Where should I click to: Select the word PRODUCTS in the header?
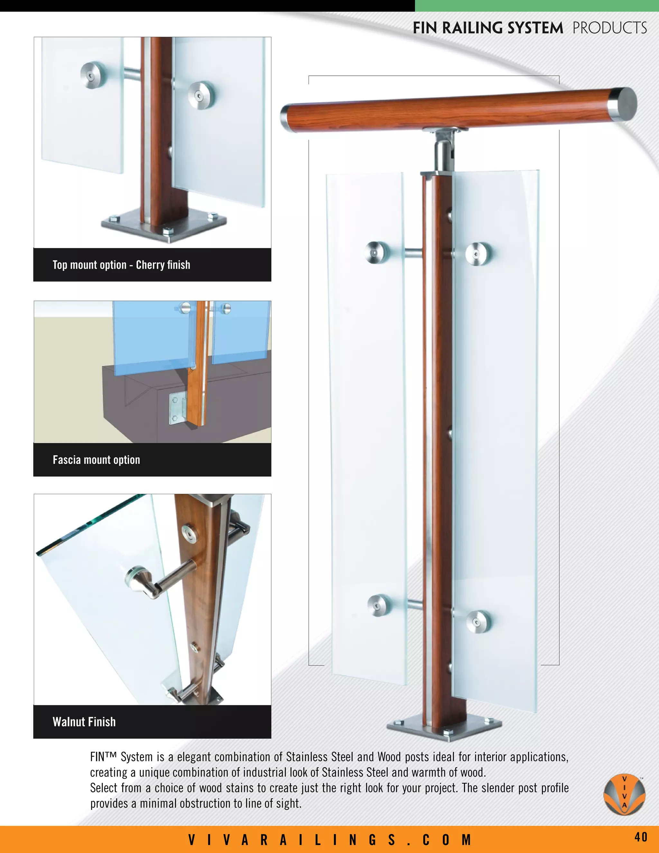(609, 28)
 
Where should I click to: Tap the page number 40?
(641, 837)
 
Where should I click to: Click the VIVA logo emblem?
(624, 794)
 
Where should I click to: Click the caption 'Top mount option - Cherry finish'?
(121, 265)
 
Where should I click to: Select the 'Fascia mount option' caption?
(97, 460)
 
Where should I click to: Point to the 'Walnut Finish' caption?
(84, 722)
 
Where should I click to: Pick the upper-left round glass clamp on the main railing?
(377, 252)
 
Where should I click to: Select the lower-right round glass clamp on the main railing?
(478, 621)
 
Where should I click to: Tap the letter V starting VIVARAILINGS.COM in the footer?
(192, 840)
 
